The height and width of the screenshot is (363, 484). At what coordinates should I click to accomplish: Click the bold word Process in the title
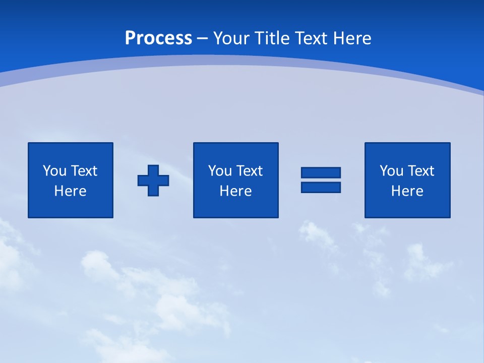158,38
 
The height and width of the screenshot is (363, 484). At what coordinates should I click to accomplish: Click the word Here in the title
353,38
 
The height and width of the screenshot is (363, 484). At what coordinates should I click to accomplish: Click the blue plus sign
153,180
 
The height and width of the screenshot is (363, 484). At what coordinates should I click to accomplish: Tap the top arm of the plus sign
153,170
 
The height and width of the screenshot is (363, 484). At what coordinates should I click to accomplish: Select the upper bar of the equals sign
321,172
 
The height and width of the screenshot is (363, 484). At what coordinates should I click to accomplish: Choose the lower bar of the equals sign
321,187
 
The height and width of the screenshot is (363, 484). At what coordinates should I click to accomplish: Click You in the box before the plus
54,171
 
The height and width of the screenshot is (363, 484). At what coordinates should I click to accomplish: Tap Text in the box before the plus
83,171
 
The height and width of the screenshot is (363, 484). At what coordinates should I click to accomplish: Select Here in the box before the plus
70,191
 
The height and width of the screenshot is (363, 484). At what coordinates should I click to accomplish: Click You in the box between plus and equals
220,171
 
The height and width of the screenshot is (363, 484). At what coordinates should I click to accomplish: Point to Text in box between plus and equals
249,171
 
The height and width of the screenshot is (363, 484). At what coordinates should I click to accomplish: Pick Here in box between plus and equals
235,191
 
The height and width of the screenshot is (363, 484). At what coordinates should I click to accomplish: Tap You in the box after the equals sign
391,171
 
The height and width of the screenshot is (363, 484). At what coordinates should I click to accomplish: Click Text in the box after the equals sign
420,171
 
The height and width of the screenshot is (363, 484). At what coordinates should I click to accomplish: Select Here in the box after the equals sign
407,191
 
